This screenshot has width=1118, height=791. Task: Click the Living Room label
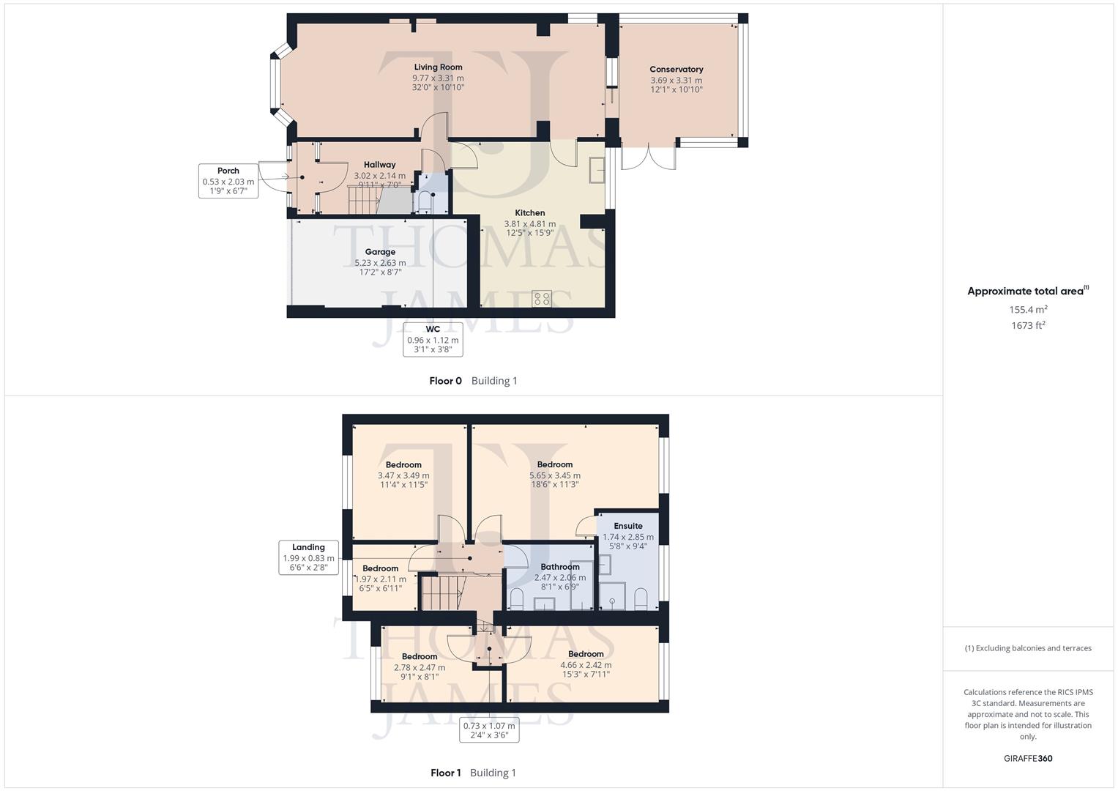(x=438, y=67)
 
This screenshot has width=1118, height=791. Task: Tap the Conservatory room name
(x=676, y=70)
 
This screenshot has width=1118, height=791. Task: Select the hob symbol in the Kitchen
(x=542, y=298)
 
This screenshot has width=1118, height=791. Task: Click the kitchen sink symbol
(x=597, y=170)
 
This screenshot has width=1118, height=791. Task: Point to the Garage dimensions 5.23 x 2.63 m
(x=380, y=263)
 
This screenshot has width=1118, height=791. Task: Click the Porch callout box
(x=228, y=181)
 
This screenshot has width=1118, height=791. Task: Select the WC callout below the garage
(x=433, y=340)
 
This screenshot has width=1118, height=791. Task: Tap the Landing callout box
(x=308, y=557)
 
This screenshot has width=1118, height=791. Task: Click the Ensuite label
(x=628, y=526)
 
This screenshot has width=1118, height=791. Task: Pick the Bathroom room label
(x=560, y=567)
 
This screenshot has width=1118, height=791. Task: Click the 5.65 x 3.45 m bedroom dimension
(x=555, y=475)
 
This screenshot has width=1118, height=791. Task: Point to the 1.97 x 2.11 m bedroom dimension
(x=380, y=579)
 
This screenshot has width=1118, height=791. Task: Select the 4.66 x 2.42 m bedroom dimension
(x=586, y=665)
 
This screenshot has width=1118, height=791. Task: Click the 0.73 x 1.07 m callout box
(x=489, y=730)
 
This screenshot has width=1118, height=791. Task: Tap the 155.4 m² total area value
(x=1028, y=310)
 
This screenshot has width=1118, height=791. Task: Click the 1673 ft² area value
(x=1028, y=326)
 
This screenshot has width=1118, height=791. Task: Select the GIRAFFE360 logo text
(x=1028, y=759)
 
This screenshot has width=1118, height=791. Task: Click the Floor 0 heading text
(x=445, y=381)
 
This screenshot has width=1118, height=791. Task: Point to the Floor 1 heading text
(x=445, y=773)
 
